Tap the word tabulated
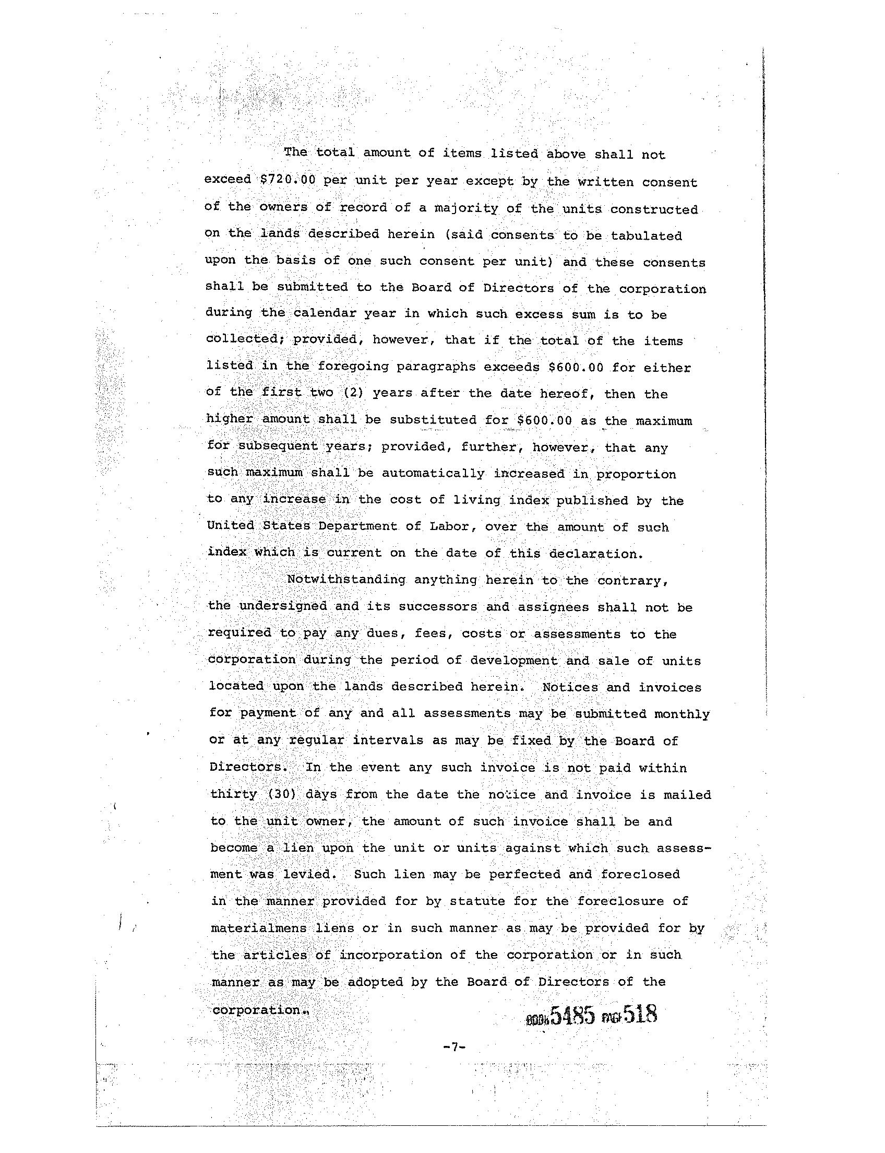point(647,236)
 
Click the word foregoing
point(352,367)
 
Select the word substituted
point(430,421)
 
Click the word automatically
point(433,474)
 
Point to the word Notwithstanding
point(345,580)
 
